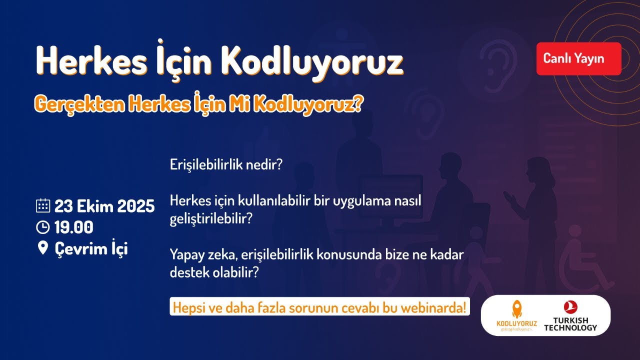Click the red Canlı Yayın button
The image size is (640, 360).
point(578,58)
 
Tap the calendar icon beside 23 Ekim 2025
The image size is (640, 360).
point(43,206)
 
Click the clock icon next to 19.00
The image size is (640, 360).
point(43,227)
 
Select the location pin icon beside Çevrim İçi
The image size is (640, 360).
point(43,248)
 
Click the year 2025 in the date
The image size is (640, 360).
point(136,206)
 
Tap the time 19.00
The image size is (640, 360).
point(74,227)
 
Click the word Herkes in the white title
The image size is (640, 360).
point(80,60)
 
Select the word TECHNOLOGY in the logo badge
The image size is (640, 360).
point(570,328)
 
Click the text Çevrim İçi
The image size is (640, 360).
point(91,248)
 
